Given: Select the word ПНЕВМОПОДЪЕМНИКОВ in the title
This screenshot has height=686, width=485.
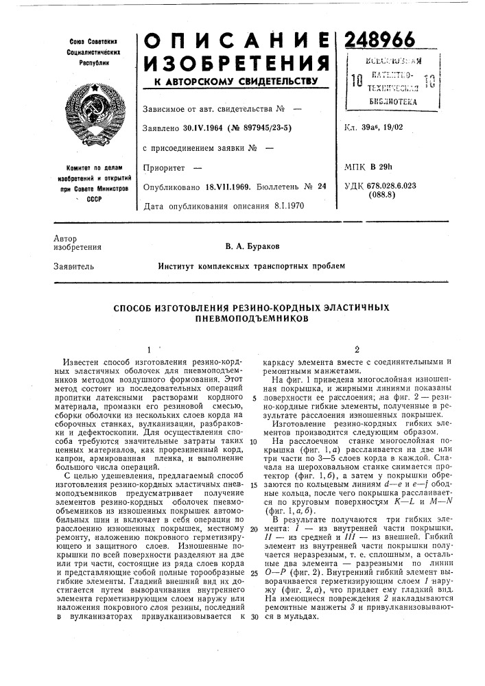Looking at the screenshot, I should (x=250, y=320).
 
